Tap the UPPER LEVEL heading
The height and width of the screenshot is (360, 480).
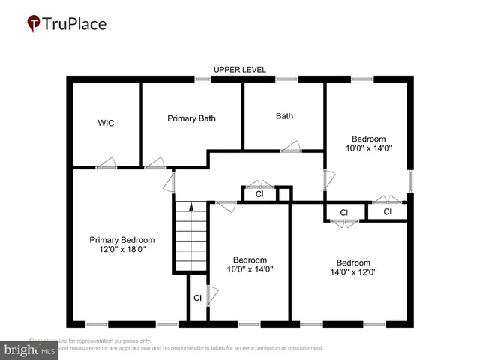(x=240, y=69)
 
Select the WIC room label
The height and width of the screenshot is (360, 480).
(x=106, y=122)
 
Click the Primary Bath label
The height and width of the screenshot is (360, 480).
(x=191, y=118)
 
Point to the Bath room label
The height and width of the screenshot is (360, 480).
(x=284, y=116)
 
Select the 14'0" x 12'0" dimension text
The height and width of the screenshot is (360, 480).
(x=353, y=272)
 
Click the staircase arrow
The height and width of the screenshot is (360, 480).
(x=191, y=207)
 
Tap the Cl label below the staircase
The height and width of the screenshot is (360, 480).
(x=197, y=298)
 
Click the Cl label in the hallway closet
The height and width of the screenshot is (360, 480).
(x=259, y=194)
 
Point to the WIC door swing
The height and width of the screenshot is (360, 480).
(x=107, y=163)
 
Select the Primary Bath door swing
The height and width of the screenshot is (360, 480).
(x=155, y=163)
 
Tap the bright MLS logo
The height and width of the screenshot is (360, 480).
(x=30, y=349)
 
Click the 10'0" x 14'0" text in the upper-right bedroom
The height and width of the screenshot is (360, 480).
(x=368, y=148)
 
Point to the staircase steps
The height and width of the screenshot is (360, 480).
(x=191, y=240)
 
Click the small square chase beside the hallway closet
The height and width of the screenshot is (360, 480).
(x=284, y=195)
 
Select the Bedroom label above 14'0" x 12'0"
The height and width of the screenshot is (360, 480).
(x=353, y=262)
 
